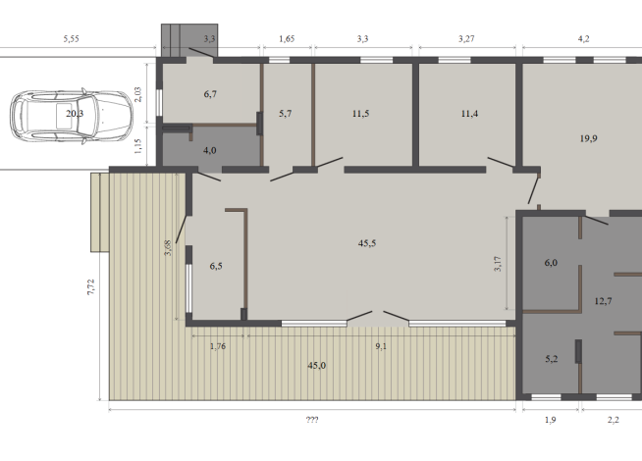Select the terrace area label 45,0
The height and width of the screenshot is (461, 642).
coord(317,365)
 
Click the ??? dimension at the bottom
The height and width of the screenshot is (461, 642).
coord(312,420)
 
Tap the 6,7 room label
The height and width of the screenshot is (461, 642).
coord(209,94)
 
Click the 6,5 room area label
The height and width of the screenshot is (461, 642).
coord(217,265)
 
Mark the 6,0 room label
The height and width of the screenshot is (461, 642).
coord(551,263)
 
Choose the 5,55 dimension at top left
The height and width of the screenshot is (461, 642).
coord(71,38)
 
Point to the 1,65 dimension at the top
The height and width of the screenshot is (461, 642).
coord(287,38)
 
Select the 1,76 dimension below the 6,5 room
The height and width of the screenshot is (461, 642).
coord(219,344)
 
